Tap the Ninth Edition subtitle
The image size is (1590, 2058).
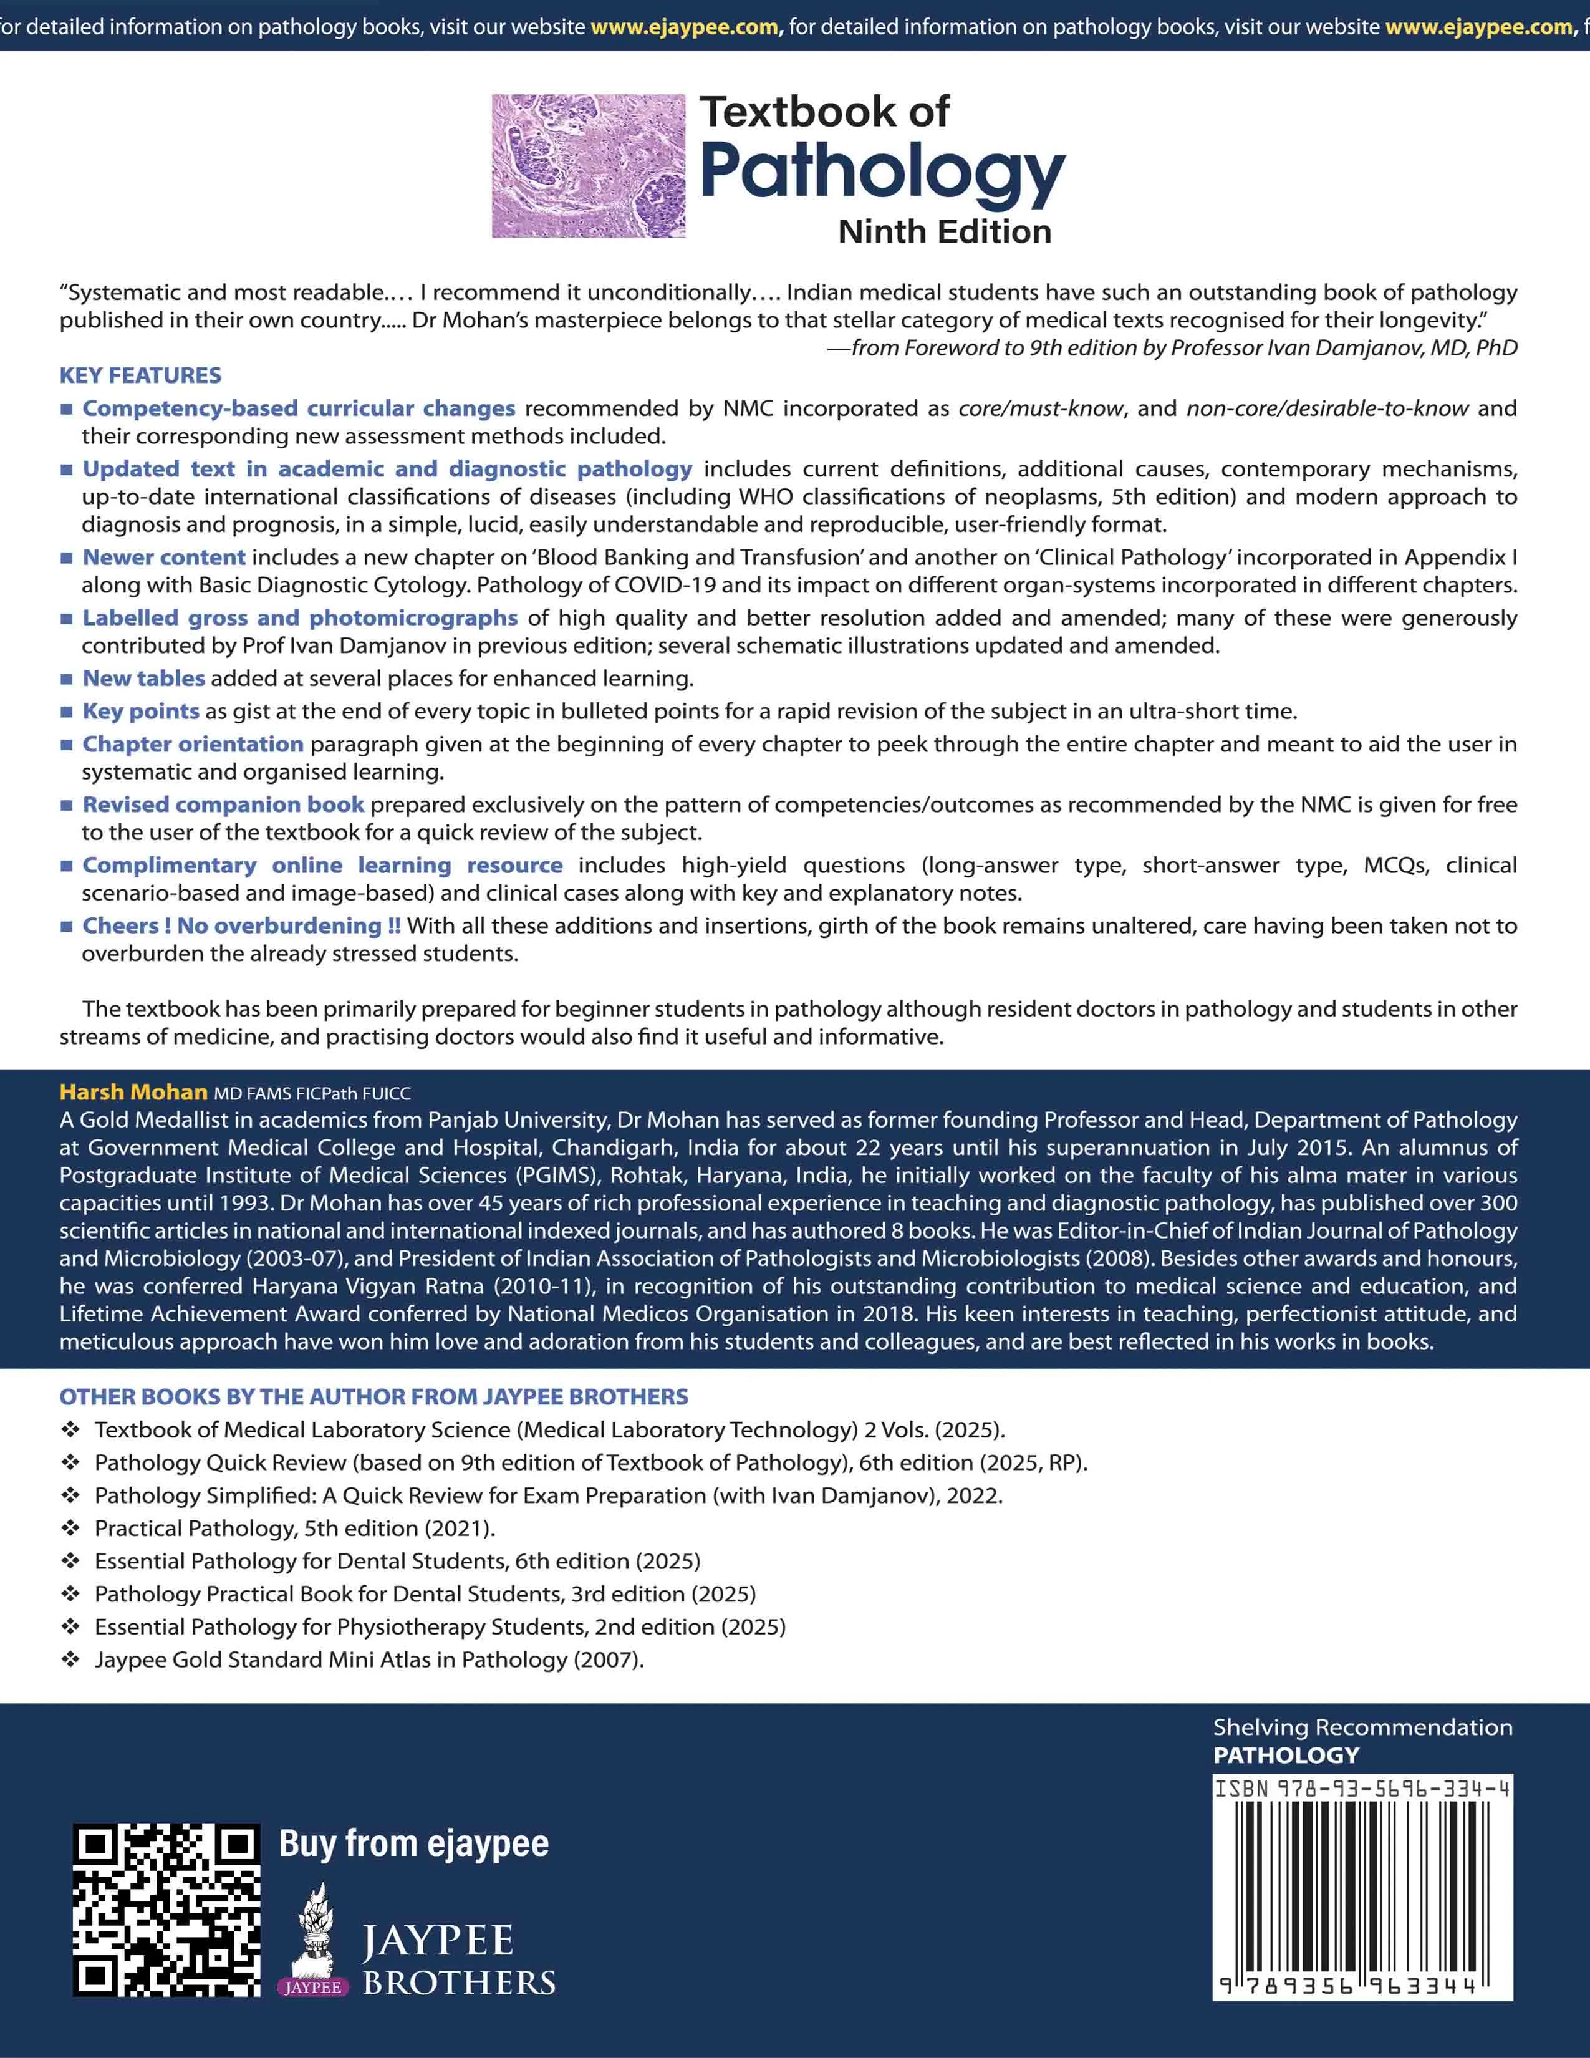pos(944,232)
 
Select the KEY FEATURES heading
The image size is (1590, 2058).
pos(140,375)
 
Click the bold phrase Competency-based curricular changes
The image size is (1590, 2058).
pos(299,408)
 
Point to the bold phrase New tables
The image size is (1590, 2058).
pos(143,679)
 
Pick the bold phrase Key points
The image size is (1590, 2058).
pos(140,712)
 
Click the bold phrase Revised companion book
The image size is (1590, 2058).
pos(223,804)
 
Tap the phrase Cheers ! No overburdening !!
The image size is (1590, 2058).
pos(241,925)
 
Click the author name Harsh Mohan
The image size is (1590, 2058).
pos(133,1092)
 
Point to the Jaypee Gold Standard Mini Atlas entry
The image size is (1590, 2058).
pos(369,1659)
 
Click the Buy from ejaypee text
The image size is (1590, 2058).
pos(413,1843)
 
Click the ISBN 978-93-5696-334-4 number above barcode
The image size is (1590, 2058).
pos(1362,1787)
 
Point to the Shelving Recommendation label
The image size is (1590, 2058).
pos(1362,1727)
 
